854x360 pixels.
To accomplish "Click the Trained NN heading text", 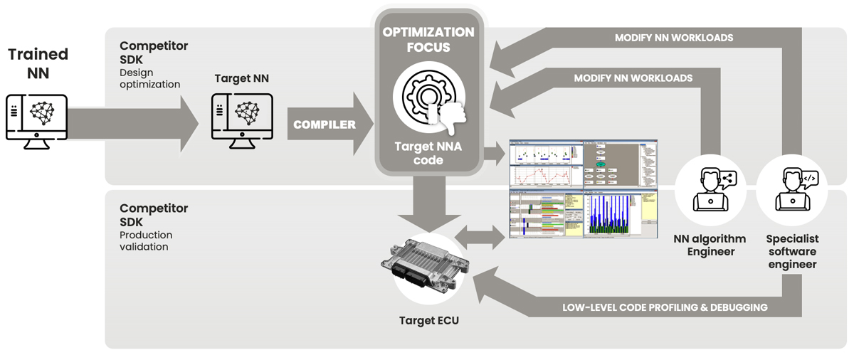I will [38, 63].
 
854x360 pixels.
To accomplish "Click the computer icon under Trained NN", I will [37, 121].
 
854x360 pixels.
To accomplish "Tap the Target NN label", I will [241, 78].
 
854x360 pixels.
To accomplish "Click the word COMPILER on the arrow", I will [325, 125].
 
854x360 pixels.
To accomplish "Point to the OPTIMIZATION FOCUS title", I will [428, 40].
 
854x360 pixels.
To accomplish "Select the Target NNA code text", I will [428, 153].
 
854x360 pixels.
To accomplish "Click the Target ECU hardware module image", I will [425, 265].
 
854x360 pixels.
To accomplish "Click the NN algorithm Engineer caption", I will [710, 245].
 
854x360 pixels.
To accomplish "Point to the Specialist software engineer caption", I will [791, 251].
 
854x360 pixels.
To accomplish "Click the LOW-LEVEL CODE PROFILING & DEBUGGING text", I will [664, 307].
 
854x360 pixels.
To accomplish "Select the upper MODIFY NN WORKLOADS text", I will [673, 38].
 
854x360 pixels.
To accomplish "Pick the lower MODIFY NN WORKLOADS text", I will [633, 78].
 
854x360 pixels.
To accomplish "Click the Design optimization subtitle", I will [149, 78].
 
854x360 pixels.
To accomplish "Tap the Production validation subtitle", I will [146, 240].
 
